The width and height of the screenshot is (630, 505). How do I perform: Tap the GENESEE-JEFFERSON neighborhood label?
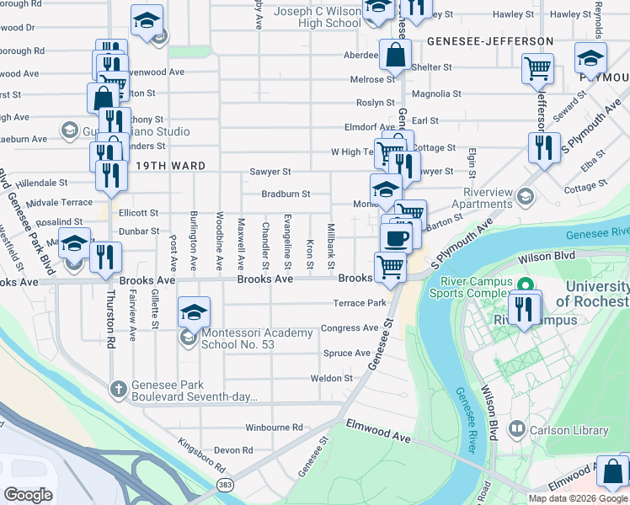489,40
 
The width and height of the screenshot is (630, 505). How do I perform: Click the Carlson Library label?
569,430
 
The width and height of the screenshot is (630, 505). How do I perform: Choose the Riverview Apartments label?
483,198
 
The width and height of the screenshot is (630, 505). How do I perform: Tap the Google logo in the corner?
28,494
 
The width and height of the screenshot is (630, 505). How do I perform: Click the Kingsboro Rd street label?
201,454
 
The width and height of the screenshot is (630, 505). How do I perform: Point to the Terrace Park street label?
360,303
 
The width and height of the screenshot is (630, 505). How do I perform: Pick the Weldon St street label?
331,379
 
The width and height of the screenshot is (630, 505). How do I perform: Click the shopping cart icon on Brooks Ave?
391,267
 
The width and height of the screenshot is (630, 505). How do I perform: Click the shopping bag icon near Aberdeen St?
394,56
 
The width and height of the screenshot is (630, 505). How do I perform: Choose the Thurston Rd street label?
110,320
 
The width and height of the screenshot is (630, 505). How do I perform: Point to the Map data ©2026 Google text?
578,498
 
